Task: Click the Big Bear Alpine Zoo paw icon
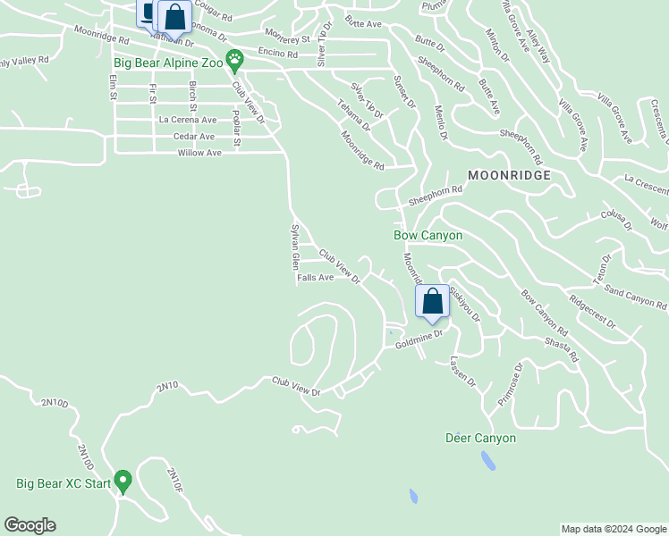(x=234, y=61)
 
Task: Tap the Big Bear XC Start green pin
(x=123, y=482)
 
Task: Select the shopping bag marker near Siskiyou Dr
(x=432, y=303)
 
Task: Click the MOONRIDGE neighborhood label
(x=508, y=174)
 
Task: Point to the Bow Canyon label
(x=428, y=235)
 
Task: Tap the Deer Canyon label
(x=480, y=439)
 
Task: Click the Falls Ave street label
(x=315, y=278)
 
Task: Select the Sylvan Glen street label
(x=293, y=247)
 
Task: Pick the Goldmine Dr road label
(x=419, y=338)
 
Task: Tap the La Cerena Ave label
(x=187, y=120)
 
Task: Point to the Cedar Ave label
(x=194, y=137)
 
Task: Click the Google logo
(x=30, y=525)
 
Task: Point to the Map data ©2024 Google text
(x=614, y=529)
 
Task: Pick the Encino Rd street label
(x=277, y=54)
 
